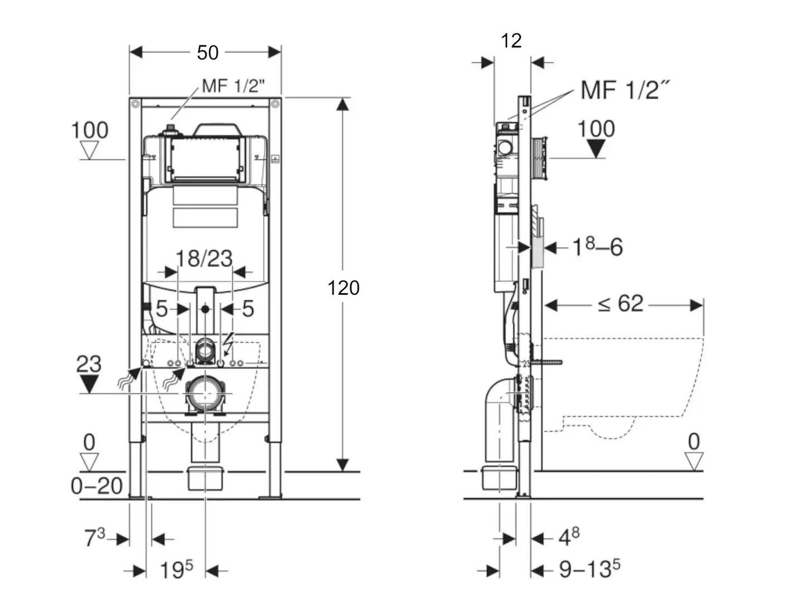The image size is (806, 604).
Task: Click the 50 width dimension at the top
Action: click(207, 52)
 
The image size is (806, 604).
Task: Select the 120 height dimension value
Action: click(343, 288)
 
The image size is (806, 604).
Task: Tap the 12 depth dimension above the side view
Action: click(511, 41)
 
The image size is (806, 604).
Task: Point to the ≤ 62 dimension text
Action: click(620, 304)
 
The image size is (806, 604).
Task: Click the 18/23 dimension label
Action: click(204, 259)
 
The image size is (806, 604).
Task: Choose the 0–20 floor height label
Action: click(96, 486)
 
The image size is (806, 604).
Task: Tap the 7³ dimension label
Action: click(94, 538)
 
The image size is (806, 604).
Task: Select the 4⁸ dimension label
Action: click(569, 537)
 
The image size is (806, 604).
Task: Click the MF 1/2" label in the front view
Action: click(233, 86)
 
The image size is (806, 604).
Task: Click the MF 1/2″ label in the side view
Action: click(625, 90)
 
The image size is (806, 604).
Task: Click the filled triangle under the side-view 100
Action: click(596, 149)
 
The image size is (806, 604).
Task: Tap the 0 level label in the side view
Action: click(693, 442)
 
